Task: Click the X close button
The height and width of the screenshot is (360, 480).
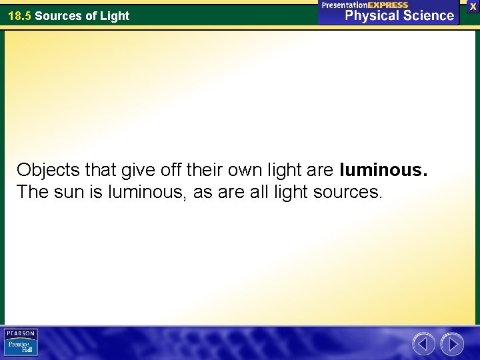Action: (x=473, y=5)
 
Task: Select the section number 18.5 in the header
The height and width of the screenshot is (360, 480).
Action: (x=19, y=16)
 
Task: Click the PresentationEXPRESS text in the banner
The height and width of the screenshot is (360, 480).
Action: (x=365, y=5)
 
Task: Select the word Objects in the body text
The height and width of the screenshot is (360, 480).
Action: (x=45, y=171)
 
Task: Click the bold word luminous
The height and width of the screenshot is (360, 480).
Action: (x=383, y=171)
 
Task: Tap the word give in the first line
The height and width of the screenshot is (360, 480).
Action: (x=135, y=171)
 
